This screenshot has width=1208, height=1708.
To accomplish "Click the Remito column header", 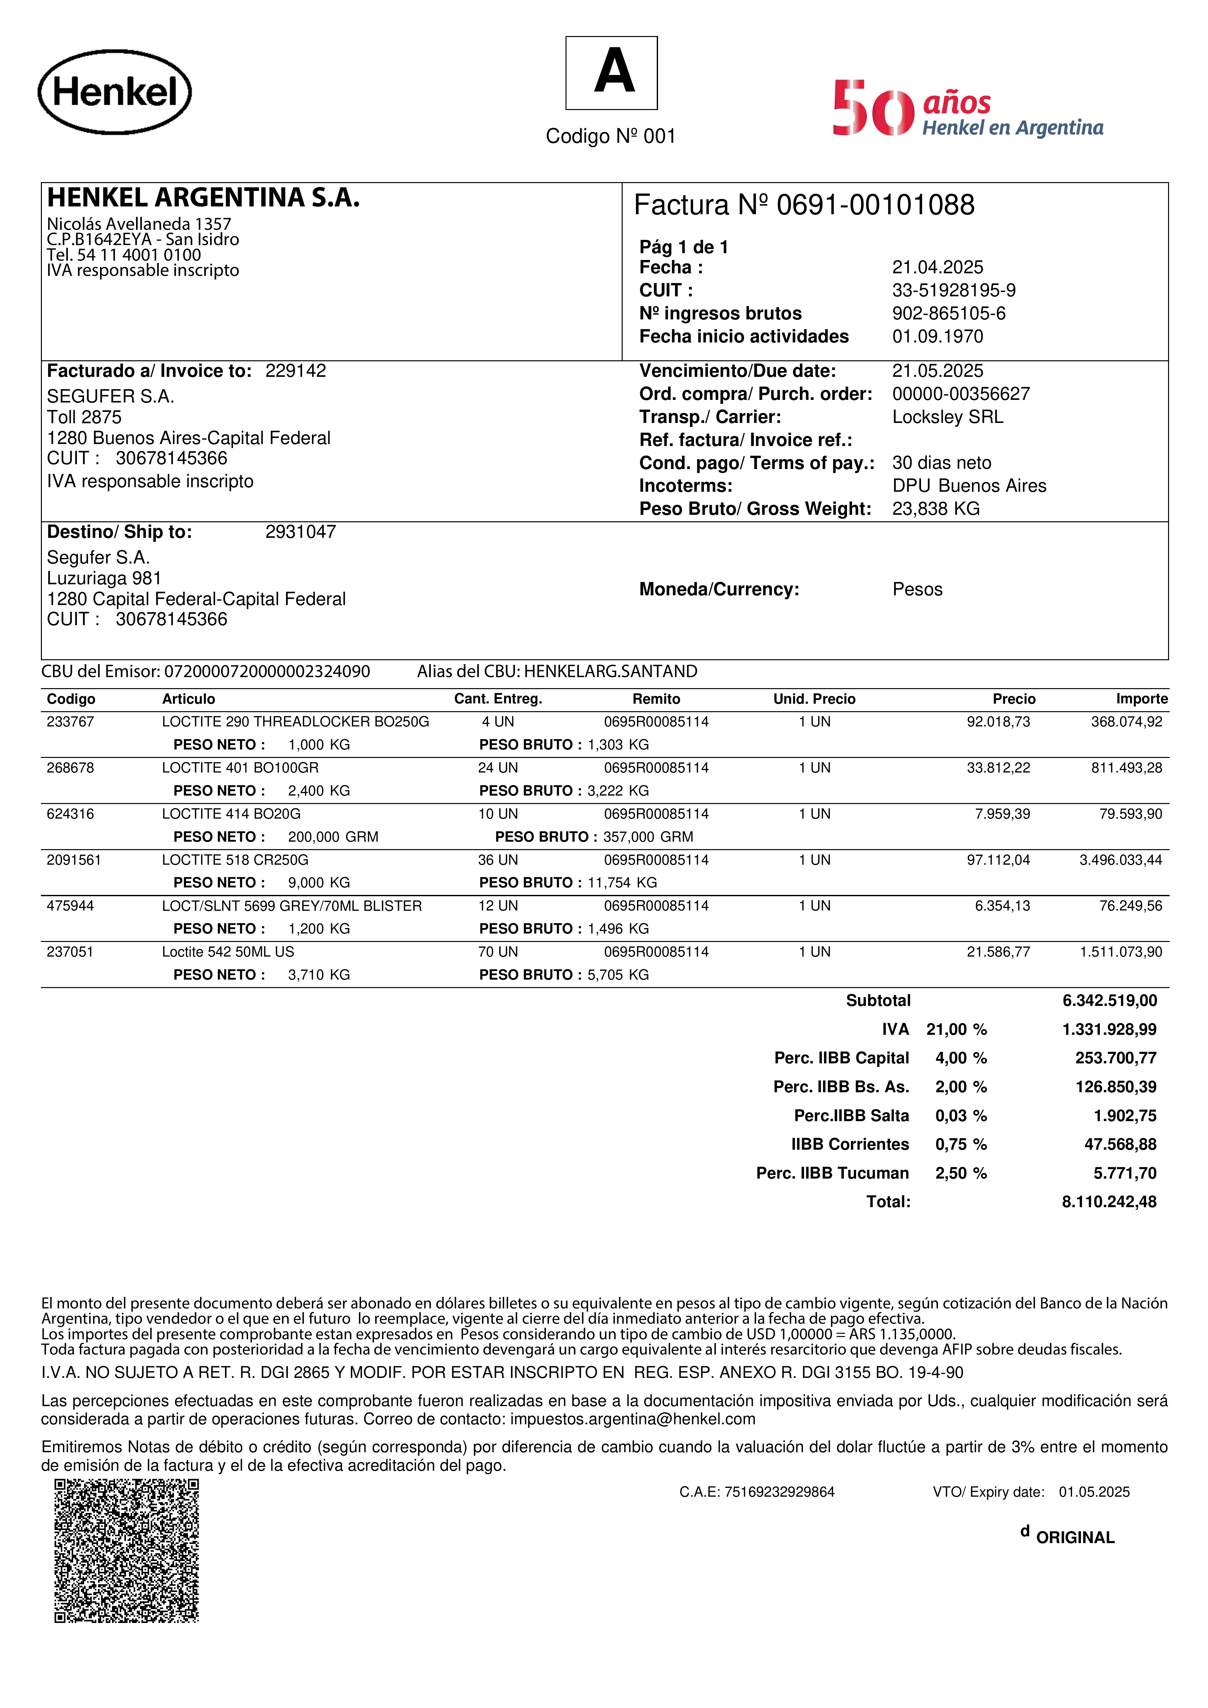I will [656, 699].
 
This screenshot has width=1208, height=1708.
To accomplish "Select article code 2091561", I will [74, 860].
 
